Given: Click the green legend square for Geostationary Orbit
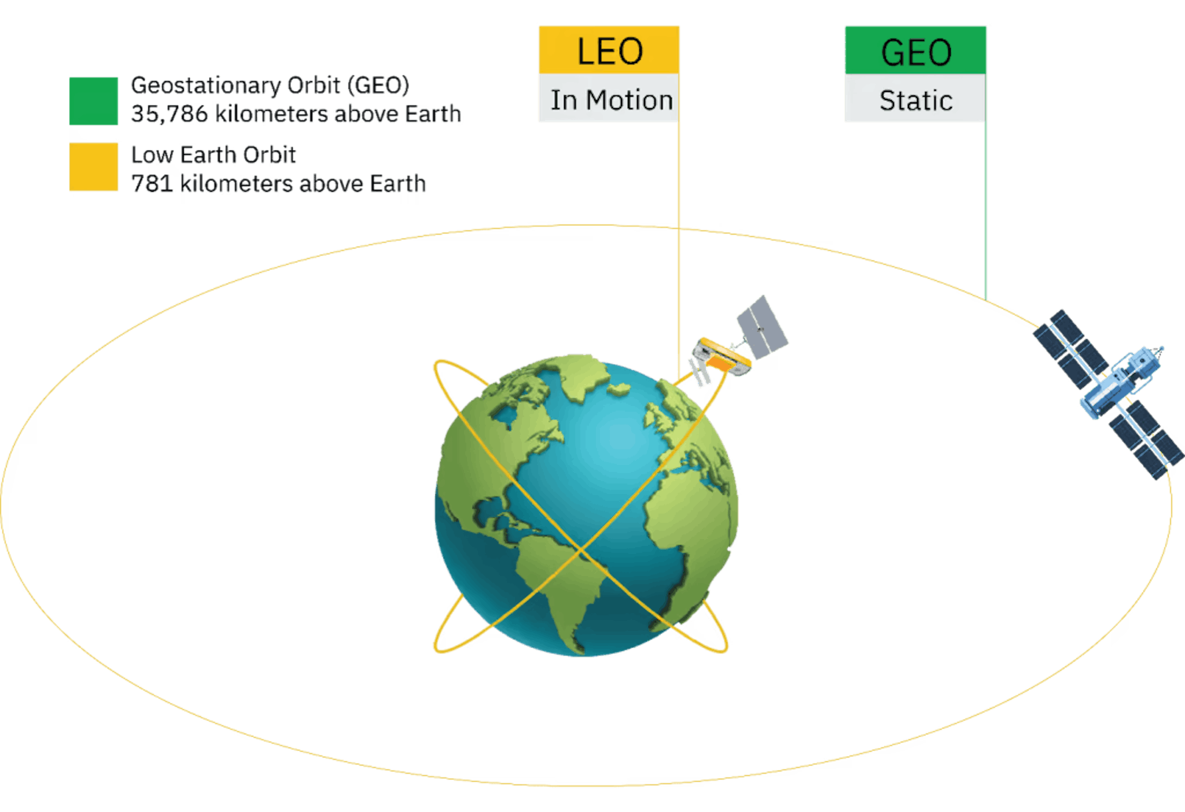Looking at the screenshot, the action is click(x=93, y=101).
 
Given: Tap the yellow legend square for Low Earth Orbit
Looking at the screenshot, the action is click(x=93, y=167).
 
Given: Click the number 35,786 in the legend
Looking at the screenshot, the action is click(x=169, y=114).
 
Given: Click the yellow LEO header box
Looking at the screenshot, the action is click(x=609, y=50).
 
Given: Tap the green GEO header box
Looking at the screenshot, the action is click(x=915, y=50).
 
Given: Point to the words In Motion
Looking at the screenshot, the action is click(x=612, y=100).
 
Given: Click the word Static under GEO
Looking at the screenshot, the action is click(x=916, y=101).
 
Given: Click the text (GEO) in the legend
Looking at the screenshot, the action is click(x=378, y=86).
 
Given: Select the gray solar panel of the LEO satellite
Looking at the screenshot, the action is click(x=762, y=327).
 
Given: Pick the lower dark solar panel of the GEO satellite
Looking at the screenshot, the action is click(x=1146, y=440).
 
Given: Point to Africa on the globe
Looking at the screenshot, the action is click(x=689, y=521).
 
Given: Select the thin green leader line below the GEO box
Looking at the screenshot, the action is click(x=985, y=211).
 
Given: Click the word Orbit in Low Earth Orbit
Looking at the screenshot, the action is click(x=269, y=155).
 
